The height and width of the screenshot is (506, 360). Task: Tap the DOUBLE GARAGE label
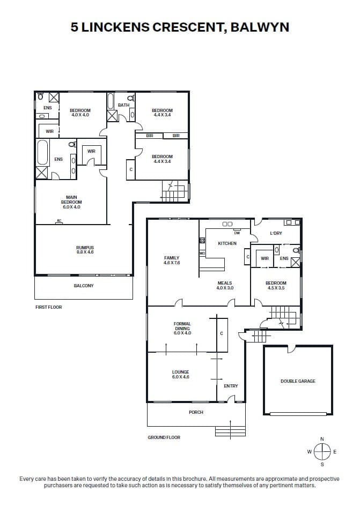(298, 381)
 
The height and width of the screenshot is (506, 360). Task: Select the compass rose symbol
(322, 451)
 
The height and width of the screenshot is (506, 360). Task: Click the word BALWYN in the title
(260, 27)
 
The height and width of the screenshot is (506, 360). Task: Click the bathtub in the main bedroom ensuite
(42, 153)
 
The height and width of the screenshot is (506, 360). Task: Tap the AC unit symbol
(59, 221)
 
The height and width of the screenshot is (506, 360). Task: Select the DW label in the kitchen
(237, 233)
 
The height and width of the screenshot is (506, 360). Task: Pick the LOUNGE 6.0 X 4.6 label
(180, 374)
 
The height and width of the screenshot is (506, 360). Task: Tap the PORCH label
(196, 412)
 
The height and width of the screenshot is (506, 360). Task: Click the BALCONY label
(84, 286)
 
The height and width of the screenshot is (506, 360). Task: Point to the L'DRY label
(276, 233)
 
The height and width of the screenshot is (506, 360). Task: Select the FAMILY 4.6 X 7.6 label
(172, 260)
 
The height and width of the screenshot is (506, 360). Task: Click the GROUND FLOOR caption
(164, 437)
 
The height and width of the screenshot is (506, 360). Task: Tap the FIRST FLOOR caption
(49, 307)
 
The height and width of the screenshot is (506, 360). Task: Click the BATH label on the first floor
(123, 105)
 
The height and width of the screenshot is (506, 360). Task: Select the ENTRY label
(231, 386)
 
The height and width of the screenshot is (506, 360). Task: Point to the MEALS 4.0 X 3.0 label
(225, 285)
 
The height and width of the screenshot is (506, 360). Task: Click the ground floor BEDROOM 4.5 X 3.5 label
(276, 285)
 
